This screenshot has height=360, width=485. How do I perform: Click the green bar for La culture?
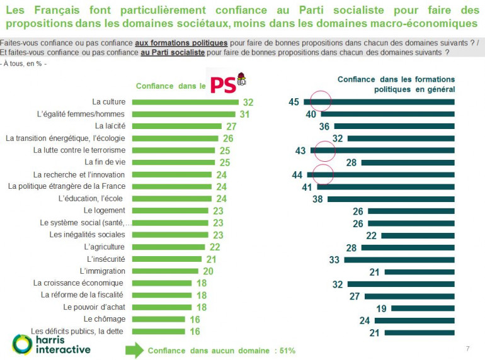[183, 102]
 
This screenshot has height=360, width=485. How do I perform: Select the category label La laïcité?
[108, 126]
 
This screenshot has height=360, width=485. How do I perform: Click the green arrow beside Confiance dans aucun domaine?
[134, 351]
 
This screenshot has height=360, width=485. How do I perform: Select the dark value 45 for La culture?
[294, 102]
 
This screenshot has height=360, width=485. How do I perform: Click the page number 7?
[467, 349]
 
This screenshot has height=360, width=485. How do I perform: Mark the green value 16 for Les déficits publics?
[195, 332]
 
